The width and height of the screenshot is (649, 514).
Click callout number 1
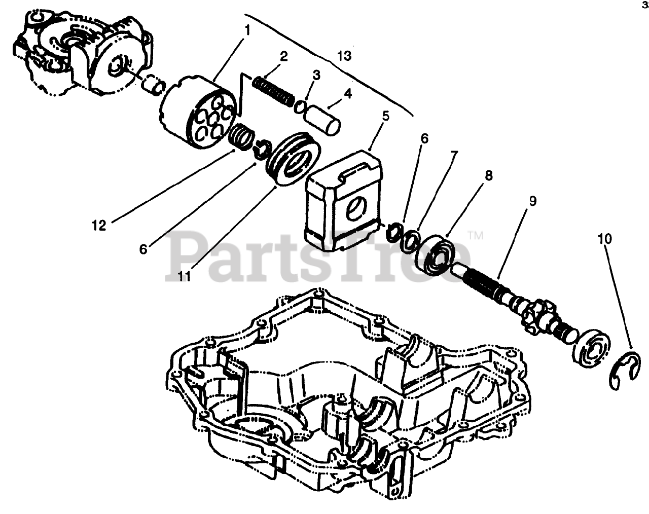(247, 30)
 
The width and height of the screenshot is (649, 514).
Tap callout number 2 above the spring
(283, 56)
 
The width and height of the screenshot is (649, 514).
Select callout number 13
(344, 55)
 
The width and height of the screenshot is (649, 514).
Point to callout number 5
(385, 116)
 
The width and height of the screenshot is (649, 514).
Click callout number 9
(532, 201)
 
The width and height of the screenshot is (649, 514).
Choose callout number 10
(604, 239)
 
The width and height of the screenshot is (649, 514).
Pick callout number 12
(99, 226)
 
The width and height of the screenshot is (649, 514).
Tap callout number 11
(184, 276)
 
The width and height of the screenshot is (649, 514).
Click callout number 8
(488, 175)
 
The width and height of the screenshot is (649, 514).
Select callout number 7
(452, 155)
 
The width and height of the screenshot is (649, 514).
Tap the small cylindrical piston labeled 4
(323, 118)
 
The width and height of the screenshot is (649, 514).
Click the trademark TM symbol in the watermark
(475, 235)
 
